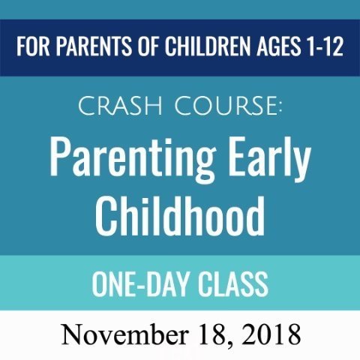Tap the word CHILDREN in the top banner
(208, 47)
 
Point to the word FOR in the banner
(33, 47)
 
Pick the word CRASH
(120, 106)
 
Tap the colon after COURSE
(280, 108)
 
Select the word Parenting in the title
(133, 158)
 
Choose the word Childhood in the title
(180, 215)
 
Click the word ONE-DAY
(140, 284)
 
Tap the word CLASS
(233, 284)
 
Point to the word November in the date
(124, 334)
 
